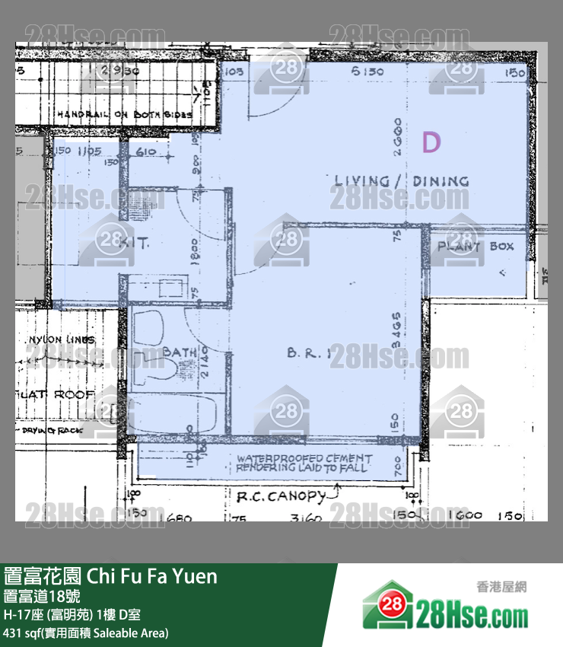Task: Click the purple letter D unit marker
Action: pyautogui.click(x=431, y=142)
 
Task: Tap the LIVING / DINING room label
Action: pyautogui.click(x=402, y=181)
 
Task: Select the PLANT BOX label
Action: pyautogui.click(x=476, y=247)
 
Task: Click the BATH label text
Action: pyautogui.click(x=180, y=352)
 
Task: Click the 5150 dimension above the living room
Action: pyautogui.click(x=366, y=72)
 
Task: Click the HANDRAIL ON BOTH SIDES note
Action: pyautogui.click(x=125, y=114)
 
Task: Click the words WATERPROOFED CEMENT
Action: pyautogui.click(x=304, y=459)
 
